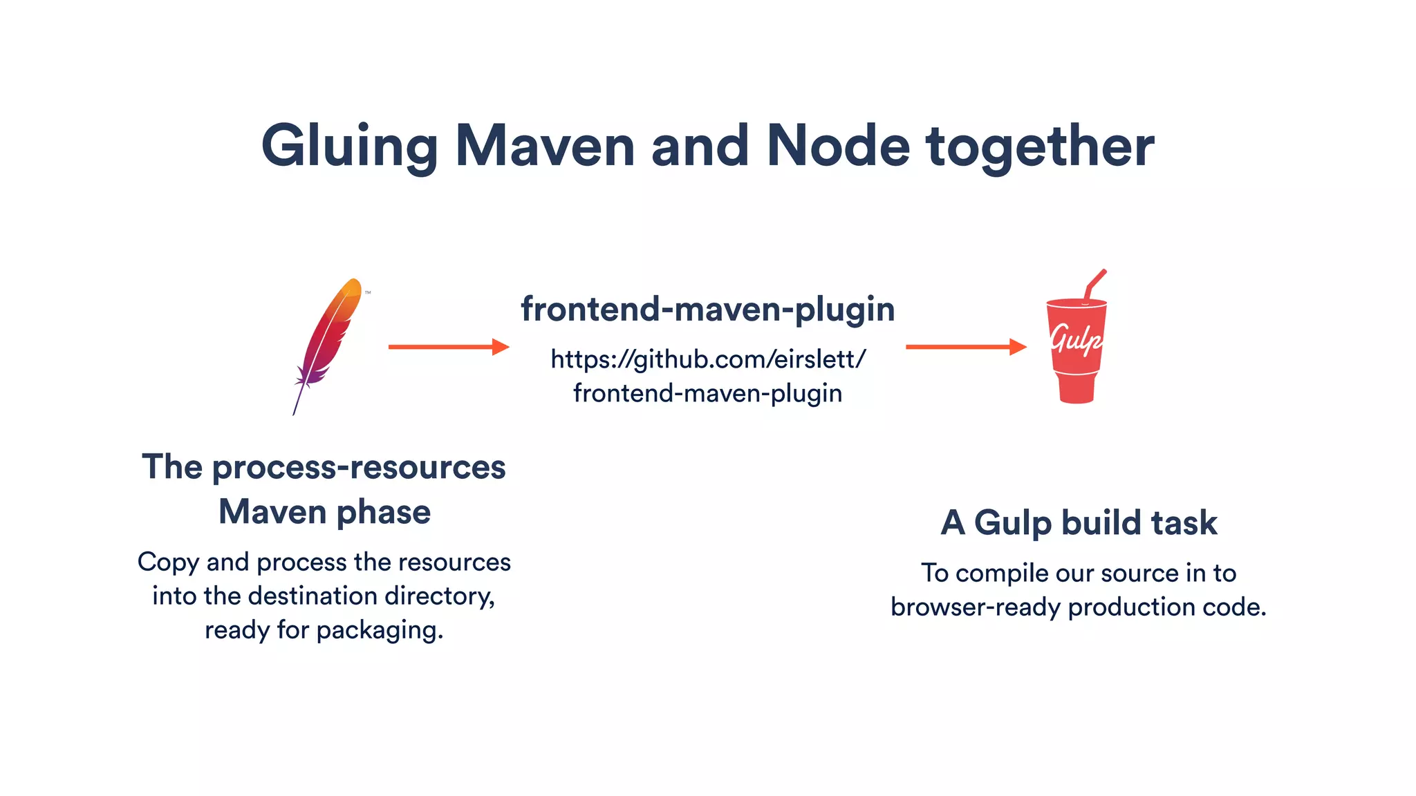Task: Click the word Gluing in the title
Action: (x=349, y=146)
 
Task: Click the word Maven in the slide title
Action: (x=545, y=146)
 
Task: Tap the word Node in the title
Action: (x=838, y=146)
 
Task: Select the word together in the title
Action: (x=1040, y=146)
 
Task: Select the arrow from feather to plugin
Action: (x=448, y=347)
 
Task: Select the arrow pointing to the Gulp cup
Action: (x=965, y=347)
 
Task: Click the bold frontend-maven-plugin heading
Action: (x=707, y=309)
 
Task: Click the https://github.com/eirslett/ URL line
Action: (x=707, y=359)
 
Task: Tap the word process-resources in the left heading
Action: (x=359, y=468)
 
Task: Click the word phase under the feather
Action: (x=383, y=513)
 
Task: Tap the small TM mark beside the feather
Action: (x=368, y=293)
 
